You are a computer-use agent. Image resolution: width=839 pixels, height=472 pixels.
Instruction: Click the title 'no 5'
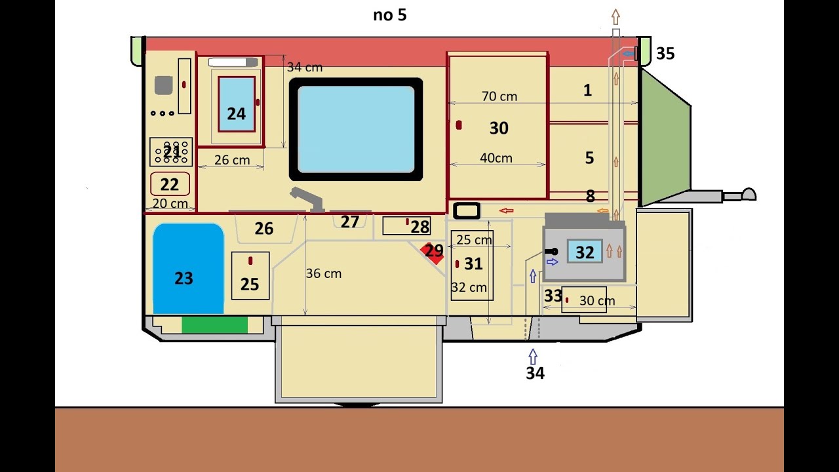pyautogui.click(x=390, y=15)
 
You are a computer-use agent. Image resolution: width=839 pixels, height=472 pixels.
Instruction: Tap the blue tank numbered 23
pyautogui.click(x=188, y=269)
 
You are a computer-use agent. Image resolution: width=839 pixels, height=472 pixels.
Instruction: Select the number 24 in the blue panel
pyautogui.click(x=237, y=113)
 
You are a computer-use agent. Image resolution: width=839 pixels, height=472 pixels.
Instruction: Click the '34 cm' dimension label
pyautogui.click(x=305, y=67)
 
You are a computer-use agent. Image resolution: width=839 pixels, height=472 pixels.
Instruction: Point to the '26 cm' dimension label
pyautogui.click(x=232, y=160)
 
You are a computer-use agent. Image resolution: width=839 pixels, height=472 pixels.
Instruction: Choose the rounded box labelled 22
pyautogui.click(x=170, y=184)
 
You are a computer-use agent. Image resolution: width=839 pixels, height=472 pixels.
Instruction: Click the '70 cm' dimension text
pyautogui.click(x=499, y=96)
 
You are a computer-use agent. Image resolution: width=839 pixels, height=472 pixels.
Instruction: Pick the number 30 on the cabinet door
pyautogui.click(x=499, y=128)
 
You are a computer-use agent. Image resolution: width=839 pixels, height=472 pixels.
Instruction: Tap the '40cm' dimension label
pyautogui.click(x=496, y=158)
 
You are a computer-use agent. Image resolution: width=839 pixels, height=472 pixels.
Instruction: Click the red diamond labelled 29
pyautogui.click(x=432, y=253)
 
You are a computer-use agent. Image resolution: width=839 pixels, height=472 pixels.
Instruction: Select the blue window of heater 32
pyautogui.click(x=585, y=251)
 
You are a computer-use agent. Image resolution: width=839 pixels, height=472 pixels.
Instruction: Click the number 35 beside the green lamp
pyautogui.click(x=665, y=54)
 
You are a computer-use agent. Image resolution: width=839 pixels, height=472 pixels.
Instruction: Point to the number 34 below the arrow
pyautogui.click(x=536, y=373)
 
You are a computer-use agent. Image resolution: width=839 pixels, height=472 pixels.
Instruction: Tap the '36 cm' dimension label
pyautogui.click(x=324, y=273)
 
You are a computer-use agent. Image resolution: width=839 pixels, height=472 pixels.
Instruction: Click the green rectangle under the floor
pyautogui.click(x=214, y=324)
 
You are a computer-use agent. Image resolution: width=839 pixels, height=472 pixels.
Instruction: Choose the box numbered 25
pyautogui.click(x=250, y=276)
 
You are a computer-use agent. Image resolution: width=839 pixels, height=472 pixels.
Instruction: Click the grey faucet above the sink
pyautogui.click(x=307, y=199)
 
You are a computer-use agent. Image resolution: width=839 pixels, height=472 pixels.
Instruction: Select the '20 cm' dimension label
pyautogui.click(x=170, y=203)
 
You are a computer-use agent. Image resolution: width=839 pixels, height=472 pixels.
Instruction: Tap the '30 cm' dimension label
pyautogui.click(x=597, y=300)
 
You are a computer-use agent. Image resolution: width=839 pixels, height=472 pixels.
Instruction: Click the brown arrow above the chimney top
pyautogui.click(x=615, y=17)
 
